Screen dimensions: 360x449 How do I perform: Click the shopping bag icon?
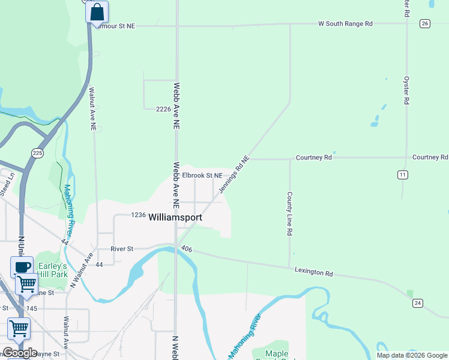[x=97, y=12]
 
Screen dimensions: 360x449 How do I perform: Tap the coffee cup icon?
[x=22, y=266]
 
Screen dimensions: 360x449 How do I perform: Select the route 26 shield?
[x=425, y=23]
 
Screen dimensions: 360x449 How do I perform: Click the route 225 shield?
[x=38, y=152]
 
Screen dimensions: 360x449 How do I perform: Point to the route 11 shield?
[x=402, y=175]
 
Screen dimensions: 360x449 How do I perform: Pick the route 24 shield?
[x=417, y=303]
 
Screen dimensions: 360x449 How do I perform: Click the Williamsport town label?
[x=175, y=217]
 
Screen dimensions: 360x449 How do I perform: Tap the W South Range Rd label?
[x=345, y=24]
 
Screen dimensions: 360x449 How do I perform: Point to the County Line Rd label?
[x=289, y=214]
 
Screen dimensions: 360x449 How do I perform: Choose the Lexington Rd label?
[x=313, y=272]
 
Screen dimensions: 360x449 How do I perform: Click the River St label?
[x=121, y=248]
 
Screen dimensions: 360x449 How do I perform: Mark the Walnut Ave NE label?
[x=92, y=110]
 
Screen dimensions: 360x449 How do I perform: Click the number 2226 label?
[x=163, y=109]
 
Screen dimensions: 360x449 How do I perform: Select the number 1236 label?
[x=139, y=215]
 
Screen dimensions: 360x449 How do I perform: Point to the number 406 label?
[x=186, y=248]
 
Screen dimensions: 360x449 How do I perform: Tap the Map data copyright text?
[x=411, y=355]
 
